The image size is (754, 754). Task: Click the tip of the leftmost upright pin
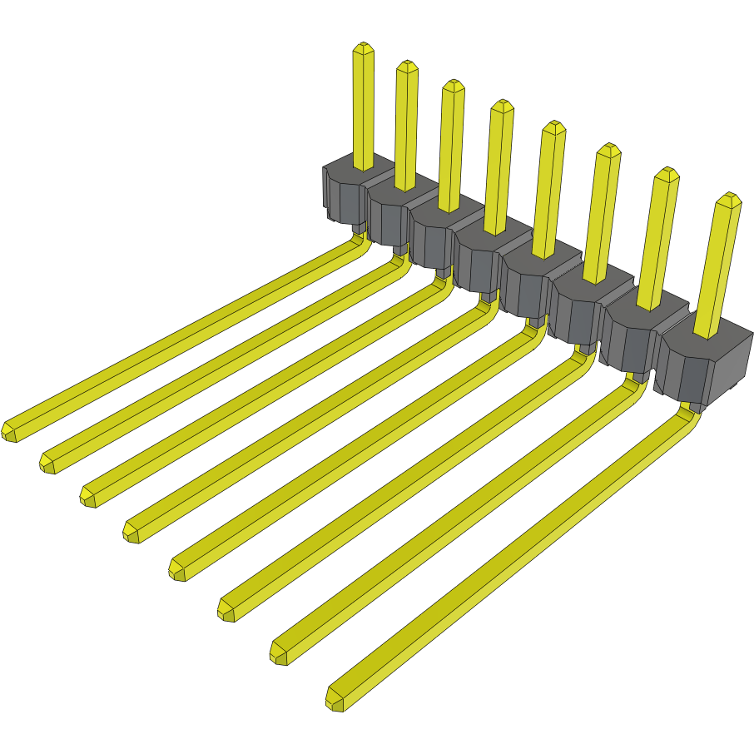coord(363,48)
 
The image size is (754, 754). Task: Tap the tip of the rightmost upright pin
coord(730,200)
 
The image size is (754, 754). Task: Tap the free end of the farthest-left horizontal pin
coord(11,431)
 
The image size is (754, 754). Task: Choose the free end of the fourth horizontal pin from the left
coord(132,531)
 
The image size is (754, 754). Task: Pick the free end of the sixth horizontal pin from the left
coord(227,609)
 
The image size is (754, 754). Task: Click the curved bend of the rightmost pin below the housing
coord(690,416)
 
